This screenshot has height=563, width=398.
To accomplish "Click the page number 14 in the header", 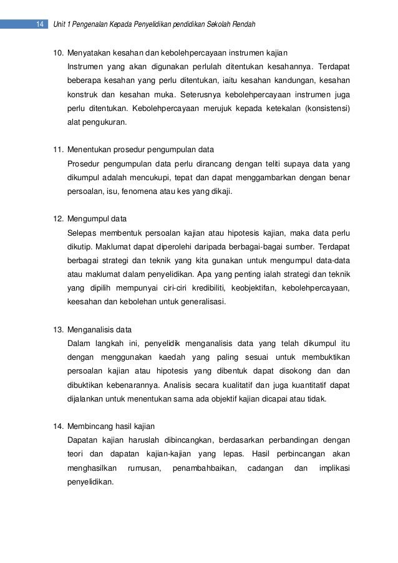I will (39, 24).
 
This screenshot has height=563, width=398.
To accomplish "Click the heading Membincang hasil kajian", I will (110, 426).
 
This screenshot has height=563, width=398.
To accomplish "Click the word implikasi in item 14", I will (334, 468).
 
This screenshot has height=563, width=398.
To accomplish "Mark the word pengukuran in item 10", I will (102, 122).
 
